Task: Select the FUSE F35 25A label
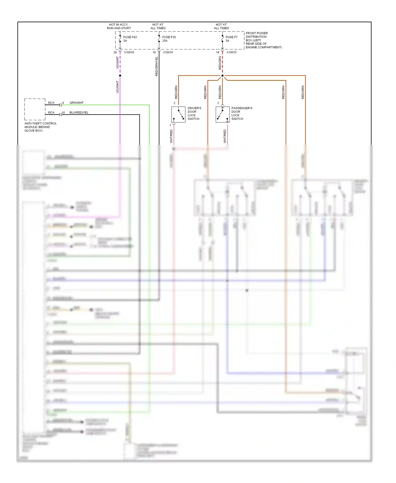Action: coord(169,39)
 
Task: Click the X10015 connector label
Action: coord(231,52)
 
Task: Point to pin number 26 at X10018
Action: coord(115,52)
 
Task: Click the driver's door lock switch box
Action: coord(178,114)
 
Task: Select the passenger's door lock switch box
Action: coord(223,114)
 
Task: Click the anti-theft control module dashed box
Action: coord(35,109)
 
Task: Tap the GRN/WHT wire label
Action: coord(76,103)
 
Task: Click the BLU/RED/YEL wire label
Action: coord(79,113)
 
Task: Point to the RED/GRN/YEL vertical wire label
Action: coord(157,66)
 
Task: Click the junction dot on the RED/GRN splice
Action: coord(222,76)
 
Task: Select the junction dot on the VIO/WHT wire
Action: coord(120,76)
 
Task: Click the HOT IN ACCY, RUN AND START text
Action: coord(119,26)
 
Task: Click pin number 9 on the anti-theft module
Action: coord(63,103)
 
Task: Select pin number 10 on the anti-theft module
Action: coord(63,113)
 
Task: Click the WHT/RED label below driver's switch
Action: coord(171,136)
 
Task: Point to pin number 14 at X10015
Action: coord(218,52)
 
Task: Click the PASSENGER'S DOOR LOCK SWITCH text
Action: coord(242,113)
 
